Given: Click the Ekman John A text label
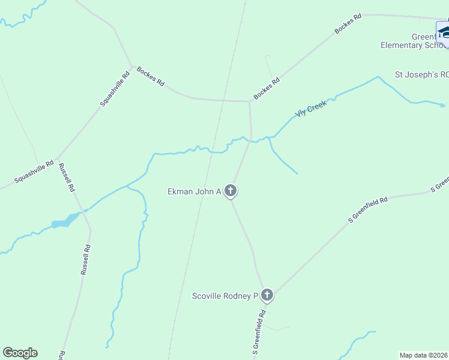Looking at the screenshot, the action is click(x=194, y=191).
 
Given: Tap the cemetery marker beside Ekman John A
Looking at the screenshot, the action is click(x=231, y=191).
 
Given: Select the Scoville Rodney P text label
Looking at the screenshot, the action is click(x=224, y=296).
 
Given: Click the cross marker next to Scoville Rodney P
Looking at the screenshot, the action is click(x=267, y=295).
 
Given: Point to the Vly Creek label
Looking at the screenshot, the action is click(x=310, y=109).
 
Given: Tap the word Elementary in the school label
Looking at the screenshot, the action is click(x=402, y=45).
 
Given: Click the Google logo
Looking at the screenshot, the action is click(x=20, y=353).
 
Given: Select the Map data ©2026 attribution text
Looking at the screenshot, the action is click(x=424, y=355).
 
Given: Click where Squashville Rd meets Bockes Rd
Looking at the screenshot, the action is click(x=132, y=65).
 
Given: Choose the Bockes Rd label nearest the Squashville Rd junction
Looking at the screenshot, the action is click(x=150, y=76).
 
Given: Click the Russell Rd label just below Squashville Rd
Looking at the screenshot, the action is click(x=67, y=178).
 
